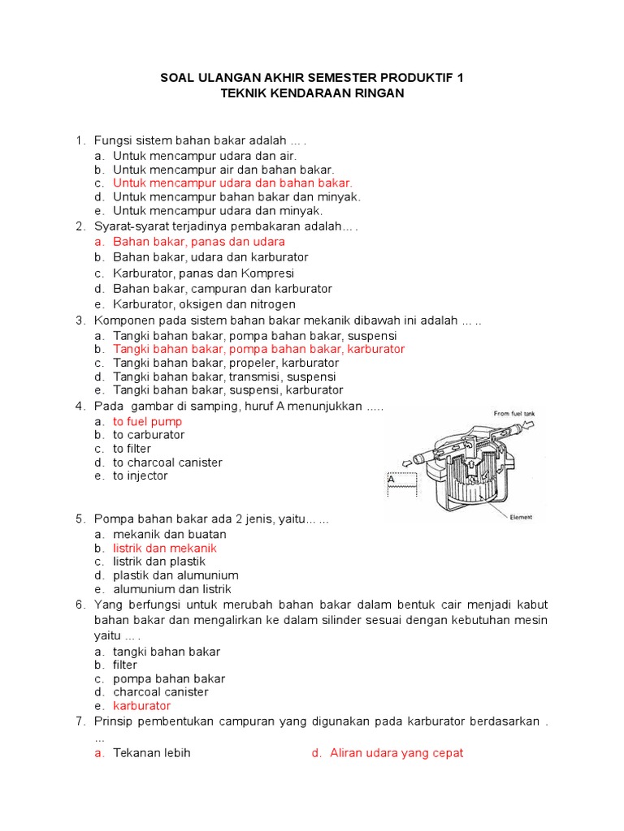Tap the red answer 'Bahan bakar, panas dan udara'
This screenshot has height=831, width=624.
(199, 242)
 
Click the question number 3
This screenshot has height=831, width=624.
(80, 321)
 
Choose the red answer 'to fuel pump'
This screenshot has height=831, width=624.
(148, 421)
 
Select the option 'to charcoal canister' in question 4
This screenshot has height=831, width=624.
(167, 463)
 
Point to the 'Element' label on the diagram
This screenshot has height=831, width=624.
(521, 517)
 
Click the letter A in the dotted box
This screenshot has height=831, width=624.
(391, 480)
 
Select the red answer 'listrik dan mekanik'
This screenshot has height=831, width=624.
(165, 549)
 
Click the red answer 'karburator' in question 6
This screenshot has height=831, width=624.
(142, 706)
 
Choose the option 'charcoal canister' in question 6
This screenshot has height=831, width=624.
(161, 692)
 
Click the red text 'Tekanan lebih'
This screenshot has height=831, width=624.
(152, 753)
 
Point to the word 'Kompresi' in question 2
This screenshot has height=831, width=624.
(267, 273)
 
